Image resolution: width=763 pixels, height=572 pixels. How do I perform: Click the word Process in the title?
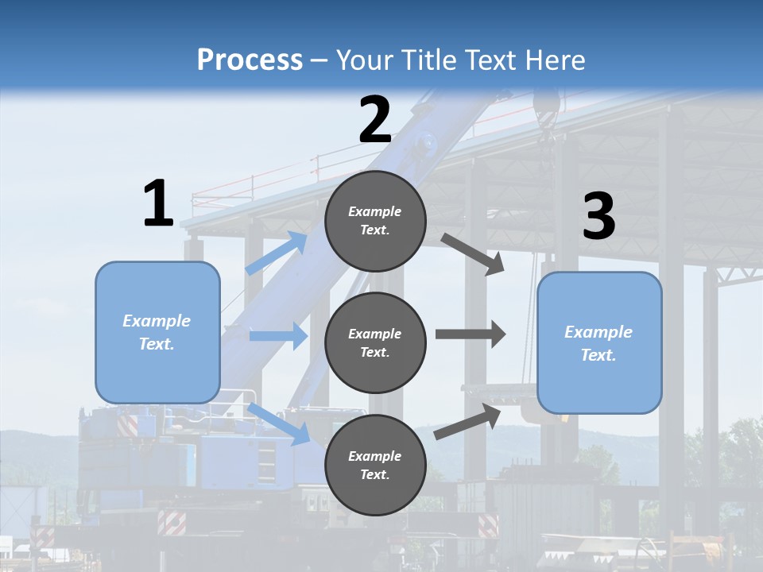(x=250, y=60)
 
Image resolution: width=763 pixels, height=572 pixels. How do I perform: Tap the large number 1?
(x=158, y=204)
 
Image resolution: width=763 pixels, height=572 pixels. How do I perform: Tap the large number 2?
(x=375, y=120)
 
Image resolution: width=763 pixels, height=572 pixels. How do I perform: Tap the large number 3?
(x=598, y=217)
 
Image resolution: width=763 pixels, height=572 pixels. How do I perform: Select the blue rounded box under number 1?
(x=157, y=332)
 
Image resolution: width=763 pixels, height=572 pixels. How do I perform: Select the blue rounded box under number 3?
(x=599, y=343)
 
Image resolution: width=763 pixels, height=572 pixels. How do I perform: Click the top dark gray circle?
(x=375, y=221)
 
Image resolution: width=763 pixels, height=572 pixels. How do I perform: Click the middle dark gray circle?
(x=375, y=342)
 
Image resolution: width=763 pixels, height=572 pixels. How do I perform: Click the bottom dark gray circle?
(x=375, y=465)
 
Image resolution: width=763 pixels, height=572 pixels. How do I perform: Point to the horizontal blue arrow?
(x=278, y=336)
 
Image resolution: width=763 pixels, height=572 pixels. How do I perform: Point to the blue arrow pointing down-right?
(x=279, y=423)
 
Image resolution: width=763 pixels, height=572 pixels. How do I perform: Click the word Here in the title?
(x=556, y=60)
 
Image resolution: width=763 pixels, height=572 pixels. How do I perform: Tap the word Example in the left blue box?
(x=157, y=321)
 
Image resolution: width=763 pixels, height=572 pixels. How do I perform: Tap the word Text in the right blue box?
(x=598, y=355)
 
